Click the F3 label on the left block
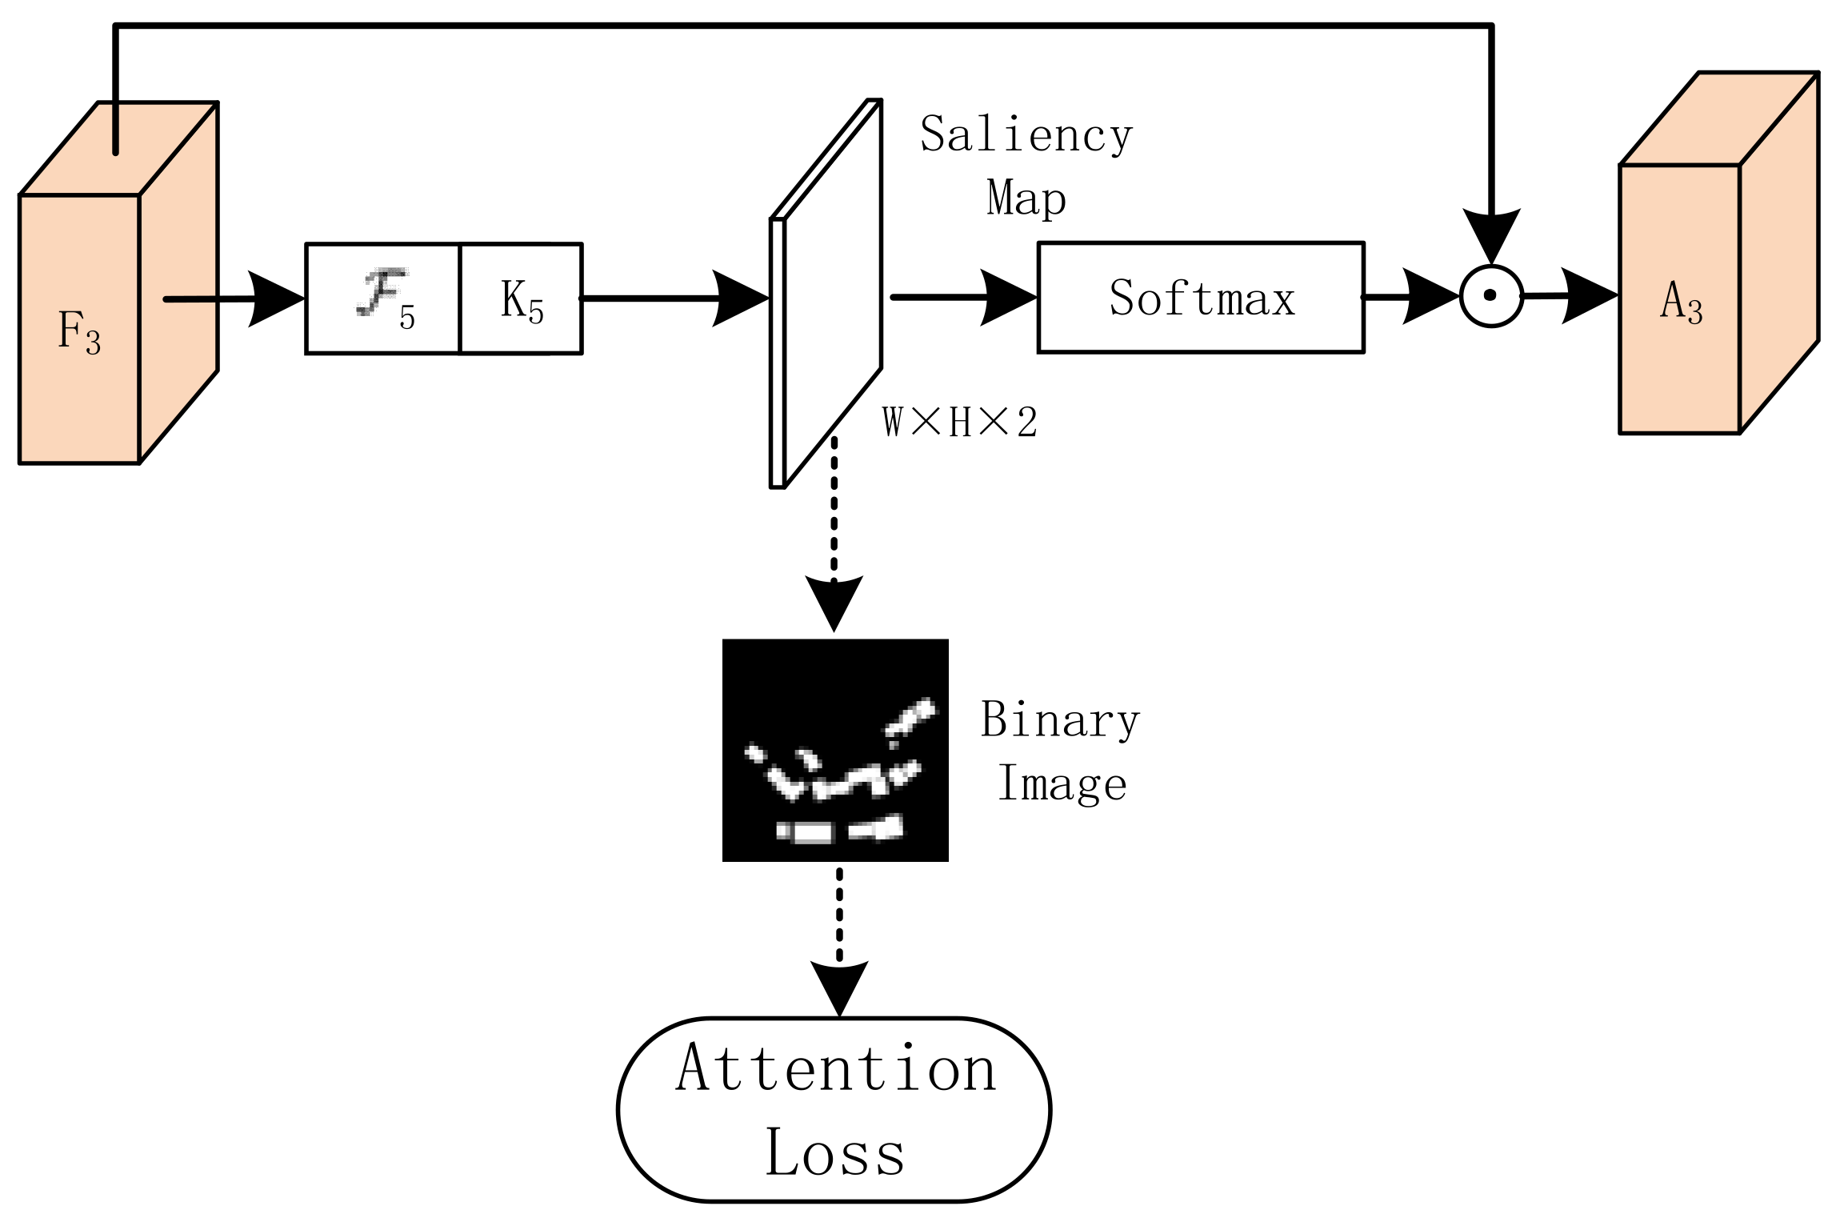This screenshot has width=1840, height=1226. [78, 331]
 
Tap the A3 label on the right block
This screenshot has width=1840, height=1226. [1681, 302]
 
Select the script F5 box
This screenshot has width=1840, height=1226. [383, 298]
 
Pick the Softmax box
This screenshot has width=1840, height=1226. [1200, 298]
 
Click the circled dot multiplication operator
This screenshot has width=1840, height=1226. [1490, 295]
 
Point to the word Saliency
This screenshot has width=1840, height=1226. [1026, 134]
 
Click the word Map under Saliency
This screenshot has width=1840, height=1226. [1026, 198]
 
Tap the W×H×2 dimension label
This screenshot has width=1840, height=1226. [960, 422]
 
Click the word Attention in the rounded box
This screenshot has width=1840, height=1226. [835, 1068]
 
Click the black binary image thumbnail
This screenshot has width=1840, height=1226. [834, 750]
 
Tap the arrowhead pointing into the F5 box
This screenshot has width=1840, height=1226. [276, 299]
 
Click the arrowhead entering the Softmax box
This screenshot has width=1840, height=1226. [1008, 298]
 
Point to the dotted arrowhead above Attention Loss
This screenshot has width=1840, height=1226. [838, 987]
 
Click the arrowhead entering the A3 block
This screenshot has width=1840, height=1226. [1589, 296]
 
